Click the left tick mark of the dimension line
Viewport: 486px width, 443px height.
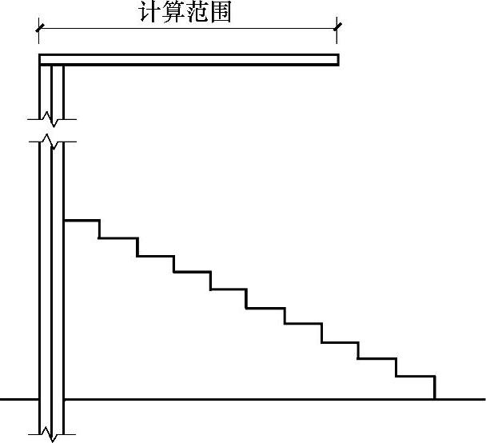pos(38,30)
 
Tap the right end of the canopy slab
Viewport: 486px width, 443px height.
pos(337,59)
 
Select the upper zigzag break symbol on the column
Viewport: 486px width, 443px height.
pos(50,131)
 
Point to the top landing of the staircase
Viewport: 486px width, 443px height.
pos(82,219)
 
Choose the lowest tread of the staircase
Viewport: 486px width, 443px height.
pos(416,376)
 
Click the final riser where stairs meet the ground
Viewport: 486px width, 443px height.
pos(434,387)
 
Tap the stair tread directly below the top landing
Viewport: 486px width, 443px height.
pos(118,237)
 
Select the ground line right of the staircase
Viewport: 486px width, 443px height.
pos(460,398)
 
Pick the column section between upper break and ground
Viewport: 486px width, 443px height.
pos(51,272)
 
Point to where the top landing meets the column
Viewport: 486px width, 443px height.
pos(64,219)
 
